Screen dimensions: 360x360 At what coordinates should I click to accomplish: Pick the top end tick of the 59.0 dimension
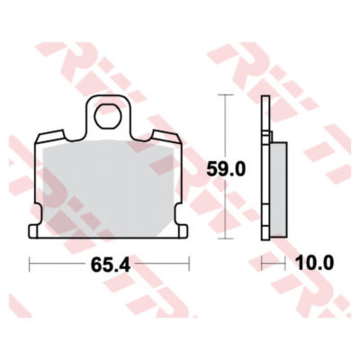(x=223, y=96)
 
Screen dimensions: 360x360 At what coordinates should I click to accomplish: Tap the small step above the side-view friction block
(x=270, y=136)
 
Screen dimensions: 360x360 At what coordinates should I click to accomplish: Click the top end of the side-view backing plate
(x=265, y=98)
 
